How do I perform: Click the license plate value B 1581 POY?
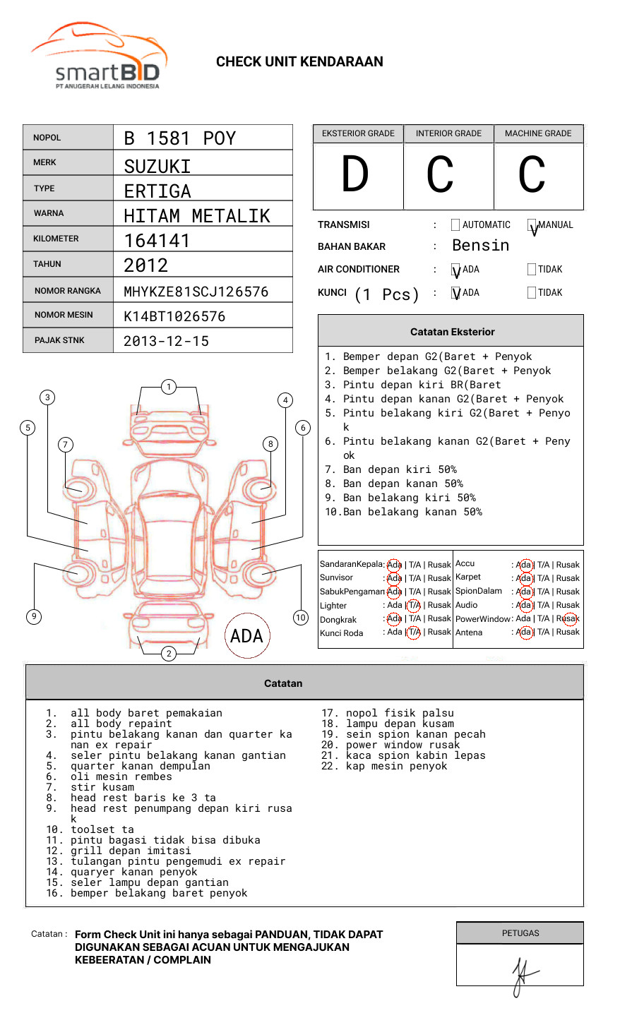pyautogui.click(x=179, y=138)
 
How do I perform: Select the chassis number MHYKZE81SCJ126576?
pyautogui.click(x=196, y=292)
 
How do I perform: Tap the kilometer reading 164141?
pyautogui.click(x=157, y=241)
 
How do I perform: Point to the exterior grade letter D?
pyautogui.click(x=355, y=175)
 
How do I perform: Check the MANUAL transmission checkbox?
pyautogui.click(x=532, y=226)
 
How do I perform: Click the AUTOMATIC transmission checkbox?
pyautogui.click(x=455, y=225)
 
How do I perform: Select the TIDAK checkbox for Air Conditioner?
pyautogui.click(x=532, y=269)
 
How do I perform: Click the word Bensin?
pyautogui.click(x=480, y=246)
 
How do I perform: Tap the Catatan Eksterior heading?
pyautogui.click(x=452, y=332)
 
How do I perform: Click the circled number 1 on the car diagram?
pyautogui.click(x=169, y=387)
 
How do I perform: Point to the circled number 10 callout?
pyautogui.click(x=301, y=618)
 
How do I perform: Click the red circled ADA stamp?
pyautogui.click(x=246, y=636)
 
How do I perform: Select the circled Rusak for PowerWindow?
pyautogui.click(x=568, y=619)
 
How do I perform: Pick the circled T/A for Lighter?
pyautogui.click(x=414, y=605)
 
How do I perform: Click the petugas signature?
pyautogui.click(x=523, y=974)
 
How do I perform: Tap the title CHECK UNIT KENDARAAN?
pyautogui.click(x=299, y=62)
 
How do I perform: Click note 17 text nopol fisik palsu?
pyautogui.click(x=400, y=713)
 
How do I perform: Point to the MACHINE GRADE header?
pyautogui.click(x=538, y=133)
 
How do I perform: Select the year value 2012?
pyautogui.click(x=146, y=265)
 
